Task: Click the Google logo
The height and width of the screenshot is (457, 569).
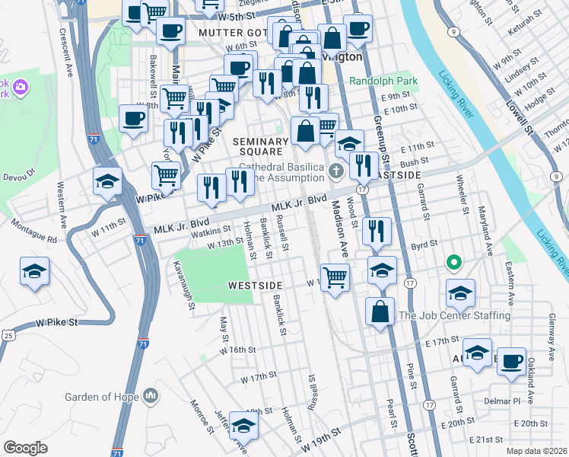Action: pyautogui.click(x=25, y=448)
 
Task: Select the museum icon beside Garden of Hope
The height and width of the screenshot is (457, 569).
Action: pyautogui.click(x=151, y=395)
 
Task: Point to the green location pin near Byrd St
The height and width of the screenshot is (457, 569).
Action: pyautogui.click(x=454, y=264)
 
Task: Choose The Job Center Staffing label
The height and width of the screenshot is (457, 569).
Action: pyautogui.click(x=454, y=315)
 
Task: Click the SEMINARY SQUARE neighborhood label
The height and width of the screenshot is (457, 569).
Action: pyautogui.click(x=262, y=147)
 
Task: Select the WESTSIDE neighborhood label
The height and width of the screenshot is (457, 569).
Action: pyautogui.click(x=255, y=285)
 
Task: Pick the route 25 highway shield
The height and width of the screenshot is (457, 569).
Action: pyautogui.click(x=8, y=335)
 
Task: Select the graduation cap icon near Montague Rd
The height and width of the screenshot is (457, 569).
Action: pyautogui.click(x=34, y=271)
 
